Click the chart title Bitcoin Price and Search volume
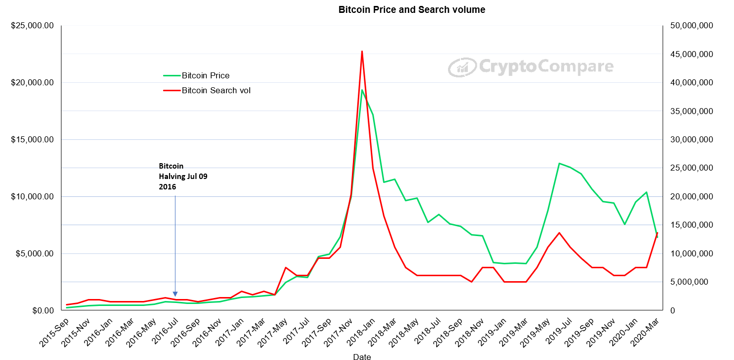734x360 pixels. click(411, 10)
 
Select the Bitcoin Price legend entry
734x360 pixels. click(197, 76)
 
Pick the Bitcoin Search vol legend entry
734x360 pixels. click(207, 90)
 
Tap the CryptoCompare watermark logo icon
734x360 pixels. click(462, 67)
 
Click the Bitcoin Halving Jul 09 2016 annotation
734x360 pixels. click(183, 177)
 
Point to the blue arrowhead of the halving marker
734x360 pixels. click(175, 294)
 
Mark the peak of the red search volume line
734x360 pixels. click(362, 51)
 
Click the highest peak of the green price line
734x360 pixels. click(362, 90)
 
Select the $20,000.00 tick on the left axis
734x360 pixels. click(32, 83)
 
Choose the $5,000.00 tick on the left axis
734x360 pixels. click(34, 254)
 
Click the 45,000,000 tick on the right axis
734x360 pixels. click(691, 54)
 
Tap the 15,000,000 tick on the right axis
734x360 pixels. click(691, 225)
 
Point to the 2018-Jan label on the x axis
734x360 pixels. click(361, 332)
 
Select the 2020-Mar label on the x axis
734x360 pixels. click(645, 332)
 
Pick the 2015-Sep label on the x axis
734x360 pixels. click(54, 332)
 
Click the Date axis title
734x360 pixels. click(362, 357)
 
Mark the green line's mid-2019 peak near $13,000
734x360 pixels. click(559, 163)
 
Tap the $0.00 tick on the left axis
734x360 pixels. click(43, 310)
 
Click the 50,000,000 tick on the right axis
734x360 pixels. click(691, 26)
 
